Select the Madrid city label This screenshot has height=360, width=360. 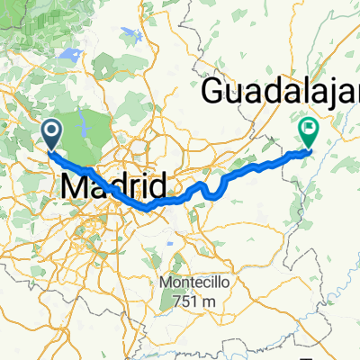pos(115,188)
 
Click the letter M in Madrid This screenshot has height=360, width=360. pos(76,188)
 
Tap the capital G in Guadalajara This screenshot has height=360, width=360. pos(217,91)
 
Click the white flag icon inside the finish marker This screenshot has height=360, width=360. pos(309,130)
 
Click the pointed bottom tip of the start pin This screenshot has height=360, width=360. pos(50,148)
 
